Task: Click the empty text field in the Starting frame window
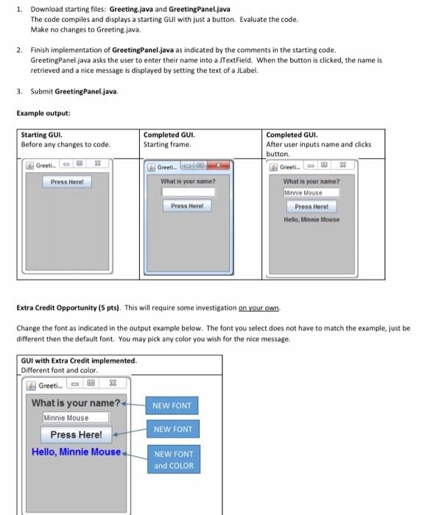[188, 192]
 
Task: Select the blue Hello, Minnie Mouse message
[76, 452]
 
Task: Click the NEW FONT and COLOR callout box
[173, 461]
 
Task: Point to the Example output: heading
[43, 113]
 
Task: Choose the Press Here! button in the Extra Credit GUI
[76, 434]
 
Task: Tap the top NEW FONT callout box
[173, 405]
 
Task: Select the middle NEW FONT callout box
[173, 429]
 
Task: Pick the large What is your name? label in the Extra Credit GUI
[75, 402]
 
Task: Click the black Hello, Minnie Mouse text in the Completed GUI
[312, 220]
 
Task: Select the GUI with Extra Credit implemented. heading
[79, 360]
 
